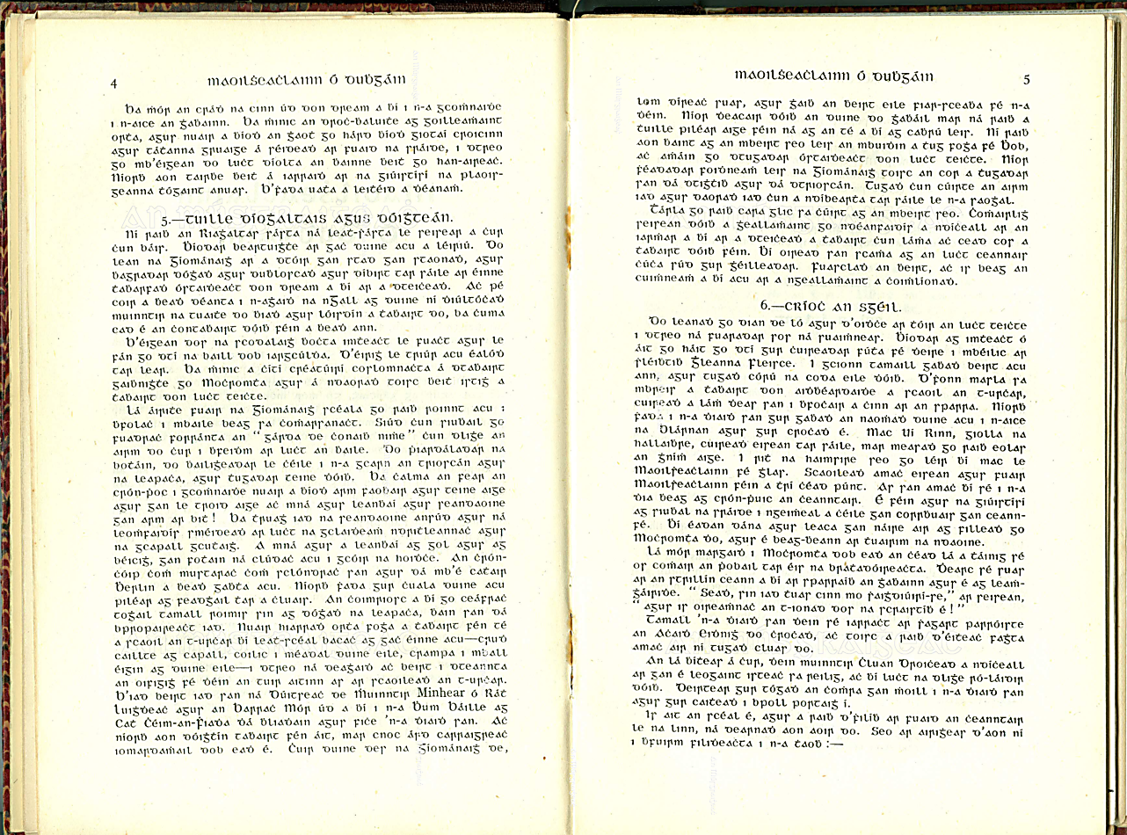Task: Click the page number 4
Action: point(114,83)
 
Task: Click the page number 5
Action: point(1026,79)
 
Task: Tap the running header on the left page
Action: point(304,81)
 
